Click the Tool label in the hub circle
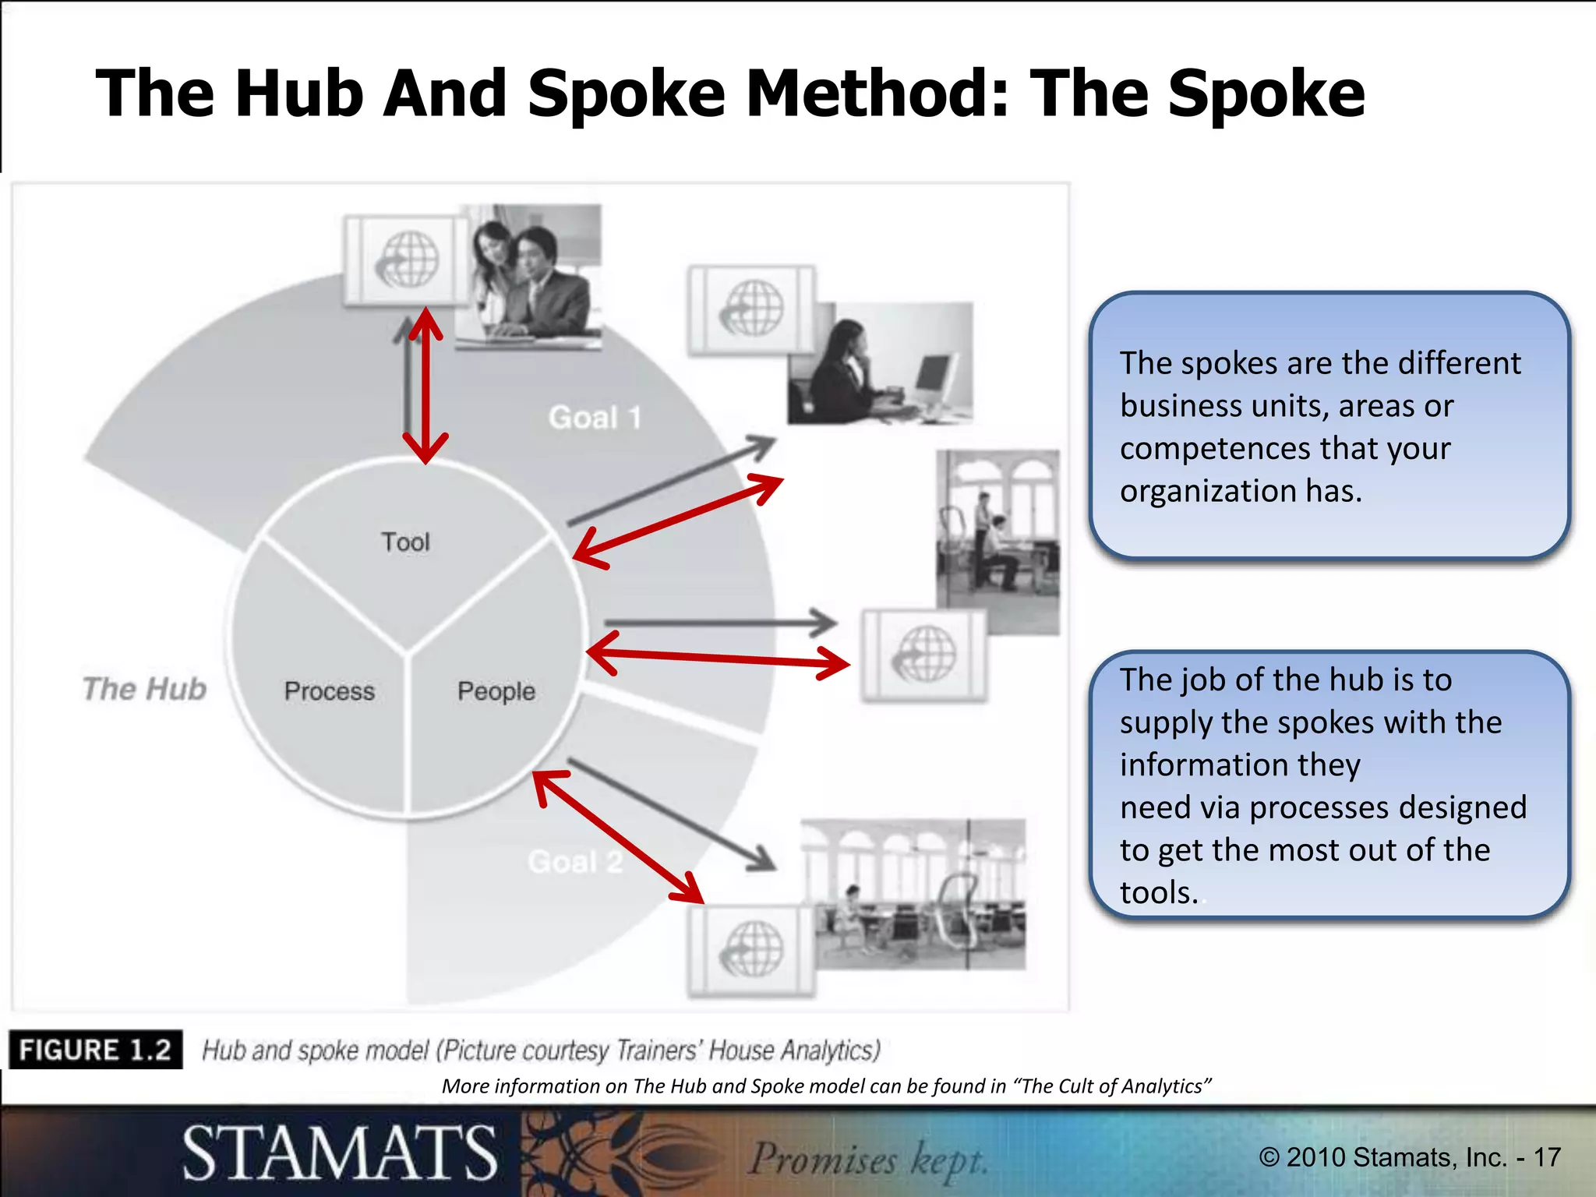click(x=405, y=542)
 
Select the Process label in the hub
click(x=329, y=691)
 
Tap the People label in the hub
click(x=496, y=691)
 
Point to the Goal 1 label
click(x=595, y=418)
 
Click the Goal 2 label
click(x=575, y=862)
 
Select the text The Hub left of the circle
click(x=145, y=689)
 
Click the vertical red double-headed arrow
click(x=425, y=386)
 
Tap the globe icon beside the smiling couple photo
click(x=408, y=260)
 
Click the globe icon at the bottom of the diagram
click(x=751, y=949)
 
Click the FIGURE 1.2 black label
click(x=95, y=1050)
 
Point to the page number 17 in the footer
click(x=1547, y=1157)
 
